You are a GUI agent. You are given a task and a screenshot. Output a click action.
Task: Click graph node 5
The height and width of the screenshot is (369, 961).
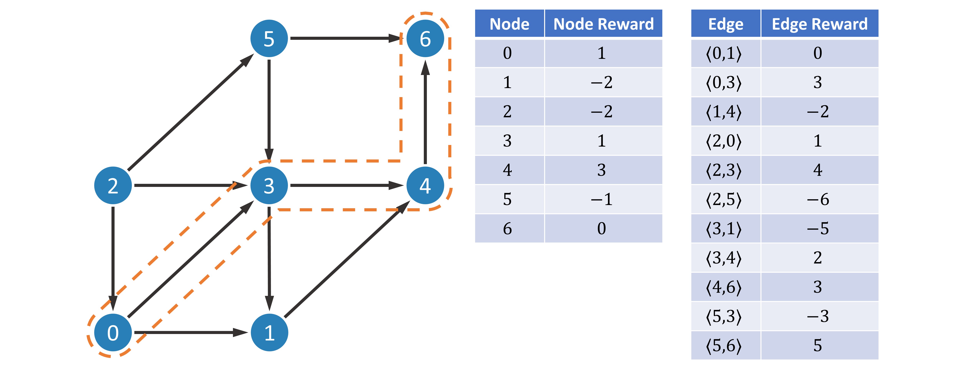[x=269, y=38]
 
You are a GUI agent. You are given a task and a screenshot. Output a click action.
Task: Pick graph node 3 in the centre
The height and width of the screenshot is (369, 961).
[x=269, y=185]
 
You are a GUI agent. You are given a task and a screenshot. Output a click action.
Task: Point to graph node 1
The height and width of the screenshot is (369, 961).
[x=269, y=332]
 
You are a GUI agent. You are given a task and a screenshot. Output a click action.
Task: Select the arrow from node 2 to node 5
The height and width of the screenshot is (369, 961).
[x=191, y=112]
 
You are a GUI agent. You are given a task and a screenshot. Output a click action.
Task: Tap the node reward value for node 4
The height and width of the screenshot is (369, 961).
[x=601, y=170]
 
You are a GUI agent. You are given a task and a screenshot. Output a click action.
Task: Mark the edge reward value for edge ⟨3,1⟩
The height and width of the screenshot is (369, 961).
[x=818, y=228]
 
